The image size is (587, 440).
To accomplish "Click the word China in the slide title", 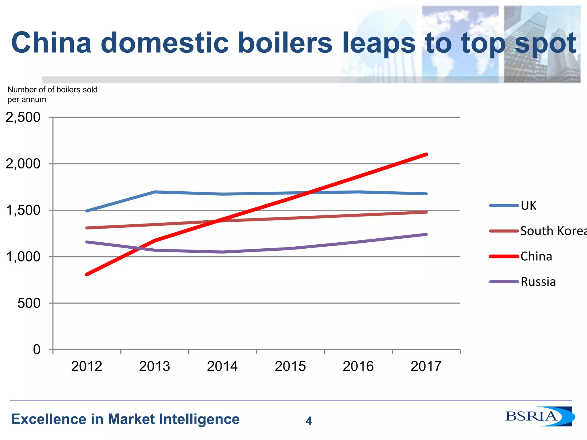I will point(52,43).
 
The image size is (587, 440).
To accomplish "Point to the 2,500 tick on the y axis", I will point(23,117).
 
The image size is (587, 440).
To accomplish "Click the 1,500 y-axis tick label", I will point(23,211).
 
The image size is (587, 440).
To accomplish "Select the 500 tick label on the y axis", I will point(29,303).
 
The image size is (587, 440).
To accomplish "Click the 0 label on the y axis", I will point(37,350).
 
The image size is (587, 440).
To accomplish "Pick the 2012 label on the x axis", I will point(87,366).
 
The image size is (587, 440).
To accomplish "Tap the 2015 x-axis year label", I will point(290,366).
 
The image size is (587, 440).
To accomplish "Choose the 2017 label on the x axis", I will point(426,366).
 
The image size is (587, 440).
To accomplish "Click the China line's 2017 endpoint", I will point(426,154).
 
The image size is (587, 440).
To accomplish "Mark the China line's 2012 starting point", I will point(87,274).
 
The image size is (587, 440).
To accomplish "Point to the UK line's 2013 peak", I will point(155,192).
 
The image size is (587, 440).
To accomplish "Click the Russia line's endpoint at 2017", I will point(426,234).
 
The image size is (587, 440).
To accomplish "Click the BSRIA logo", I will point(539,417).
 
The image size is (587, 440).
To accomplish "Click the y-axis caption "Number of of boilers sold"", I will point(52,90).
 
